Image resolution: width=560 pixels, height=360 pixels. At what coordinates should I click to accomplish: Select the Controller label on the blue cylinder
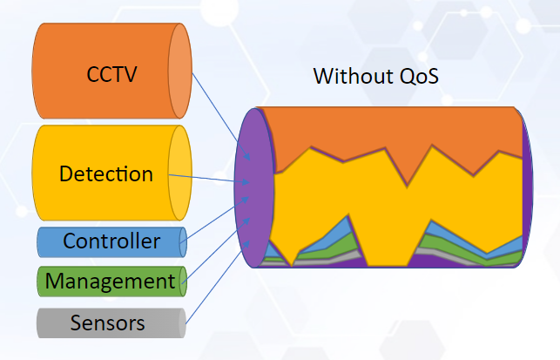pos(111,241)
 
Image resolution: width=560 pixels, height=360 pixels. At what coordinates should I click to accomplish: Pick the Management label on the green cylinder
pos(110,282)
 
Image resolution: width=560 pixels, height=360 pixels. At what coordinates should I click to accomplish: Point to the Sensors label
pos(107,324)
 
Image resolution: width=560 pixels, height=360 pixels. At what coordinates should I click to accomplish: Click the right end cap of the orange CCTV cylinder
pos(179,72)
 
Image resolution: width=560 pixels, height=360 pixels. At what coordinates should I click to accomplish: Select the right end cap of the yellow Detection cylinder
pos(179,173)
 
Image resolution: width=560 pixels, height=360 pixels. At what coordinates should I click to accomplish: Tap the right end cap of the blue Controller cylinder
pos(182,241)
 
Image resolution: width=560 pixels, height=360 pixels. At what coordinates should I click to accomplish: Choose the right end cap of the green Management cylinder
pos(182,282)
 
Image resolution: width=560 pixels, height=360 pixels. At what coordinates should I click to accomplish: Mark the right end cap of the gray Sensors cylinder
pos(182,324)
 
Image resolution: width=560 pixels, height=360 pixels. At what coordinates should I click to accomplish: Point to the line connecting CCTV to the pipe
pos(213,105)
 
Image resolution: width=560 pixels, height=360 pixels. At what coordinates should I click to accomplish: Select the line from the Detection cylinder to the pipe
pos(206,179)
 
